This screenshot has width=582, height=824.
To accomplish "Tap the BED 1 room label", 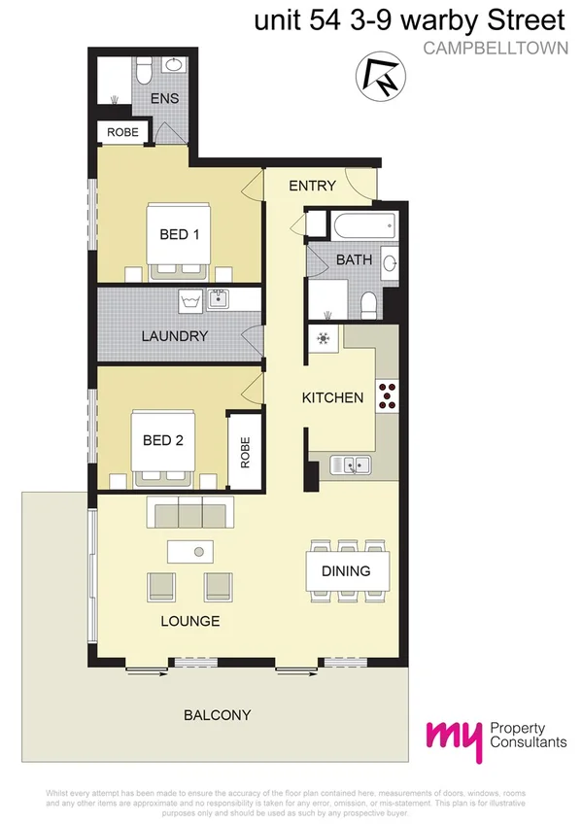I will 179,234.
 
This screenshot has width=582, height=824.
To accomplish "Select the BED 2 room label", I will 162,439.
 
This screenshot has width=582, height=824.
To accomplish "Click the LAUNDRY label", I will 175,336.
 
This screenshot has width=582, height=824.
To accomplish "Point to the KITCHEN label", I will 332,397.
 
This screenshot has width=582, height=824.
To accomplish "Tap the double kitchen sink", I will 348,467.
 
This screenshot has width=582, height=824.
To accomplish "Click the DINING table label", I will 345,570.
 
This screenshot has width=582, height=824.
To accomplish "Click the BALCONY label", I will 218,715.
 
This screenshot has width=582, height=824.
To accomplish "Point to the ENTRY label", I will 313,186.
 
